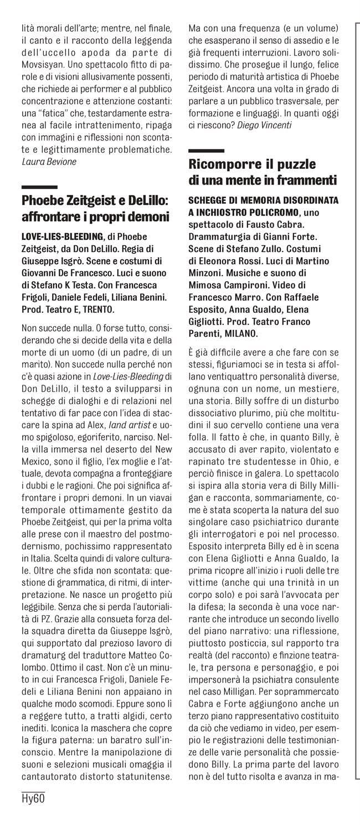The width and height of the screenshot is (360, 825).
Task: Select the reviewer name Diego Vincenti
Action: coord(267,126)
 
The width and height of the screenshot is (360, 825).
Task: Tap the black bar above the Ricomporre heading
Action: coord(206,151)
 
